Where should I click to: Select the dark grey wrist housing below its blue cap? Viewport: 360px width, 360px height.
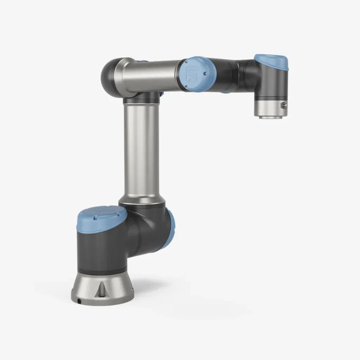tap(272, 83)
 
